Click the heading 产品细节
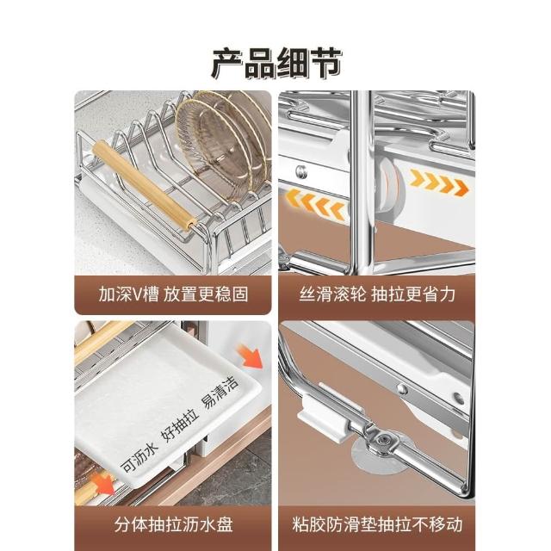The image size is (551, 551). coord(276,64)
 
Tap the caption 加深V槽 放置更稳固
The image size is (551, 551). coord(173,294)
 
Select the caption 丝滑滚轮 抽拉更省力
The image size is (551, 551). coord(377,294)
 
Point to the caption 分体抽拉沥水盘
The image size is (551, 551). coord(173,524)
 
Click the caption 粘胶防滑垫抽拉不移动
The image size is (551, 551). coord(377,524)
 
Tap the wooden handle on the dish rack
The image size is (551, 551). coord(144,185)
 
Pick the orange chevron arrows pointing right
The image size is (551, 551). coord(439,182)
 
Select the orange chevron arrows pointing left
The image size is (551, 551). coord(315,205)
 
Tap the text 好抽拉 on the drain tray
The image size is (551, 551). coord(180,427)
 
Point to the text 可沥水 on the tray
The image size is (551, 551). coord(139,456)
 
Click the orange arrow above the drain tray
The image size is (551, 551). coord(251,356)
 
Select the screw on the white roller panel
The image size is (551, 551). coord(300,172)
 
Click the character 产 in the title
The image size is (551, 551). coord(227,64)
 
